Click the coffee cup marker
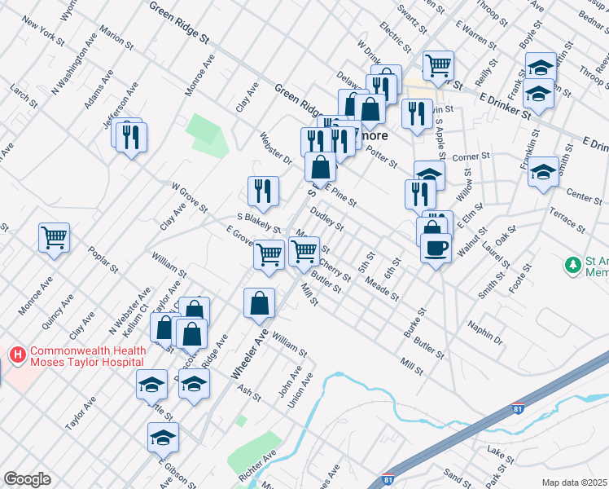point(436,247)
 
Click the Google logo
point(27,479)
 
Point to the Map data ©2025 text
point(574,482)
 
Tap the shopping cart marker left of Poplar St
point(55,239)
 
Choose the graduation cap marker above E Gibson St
point(164,438)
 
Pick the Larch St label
point(24,95)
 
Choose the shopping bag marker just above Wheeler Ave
point(259,303)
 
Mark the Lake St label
point(496,451)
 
